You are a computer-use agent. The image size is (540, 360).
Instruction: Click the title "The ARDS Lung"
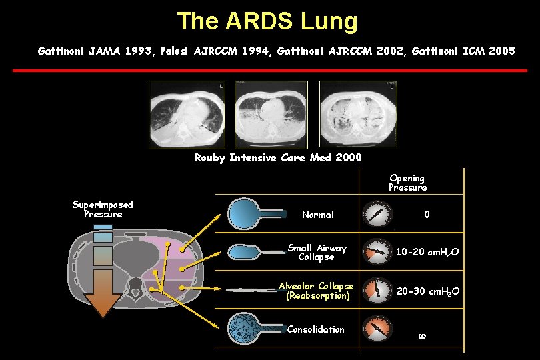267,21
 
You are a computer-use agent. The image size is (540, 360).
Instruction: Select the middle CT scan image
271,114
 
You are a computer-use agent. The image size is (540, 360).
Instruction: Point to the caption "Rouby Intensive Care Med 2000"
278,158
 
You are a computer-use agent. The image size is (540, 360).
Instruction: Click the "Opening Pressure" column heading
407,183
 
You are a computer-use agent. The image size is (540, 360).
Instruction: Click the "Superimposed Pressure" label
103,209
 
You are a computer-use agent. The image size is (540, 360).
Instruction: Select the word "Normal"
318,215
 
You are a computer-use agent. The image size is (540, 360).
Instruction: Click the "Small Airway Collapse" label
317,252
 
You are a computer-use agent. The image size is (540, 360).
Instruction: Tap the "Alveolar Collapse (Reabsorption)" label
317,291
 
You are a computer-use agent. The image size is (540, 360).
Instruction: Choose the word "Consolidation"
315,329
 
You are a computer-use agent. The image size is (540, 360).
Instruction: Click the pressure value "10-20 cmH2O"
427,252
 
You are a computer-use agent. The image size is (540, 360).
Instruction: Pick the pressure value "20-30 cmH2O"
427,291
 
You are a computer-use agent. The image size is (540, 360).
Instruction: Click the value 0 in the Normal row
427,215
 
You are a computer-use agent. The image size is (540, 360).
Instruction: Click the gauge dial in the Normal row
377,214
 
